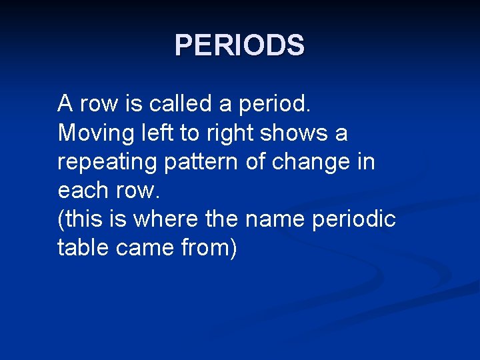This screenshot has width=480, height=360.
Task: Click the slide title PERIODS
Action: (x=239, y=45)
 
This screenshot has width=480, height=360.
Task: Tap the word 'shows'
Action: (x=294, y=133)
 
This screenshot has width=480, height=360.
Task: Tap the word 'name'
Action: (x=288, y=219)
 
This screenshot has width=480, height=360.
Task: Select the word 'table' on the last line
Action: (x=84, y=248)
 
